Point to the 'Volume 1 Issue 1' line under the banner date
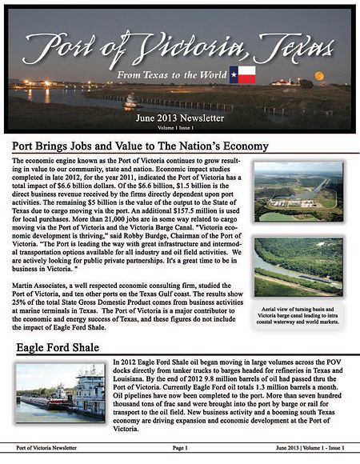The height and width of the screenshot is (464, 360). click(x=179, y=126)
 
